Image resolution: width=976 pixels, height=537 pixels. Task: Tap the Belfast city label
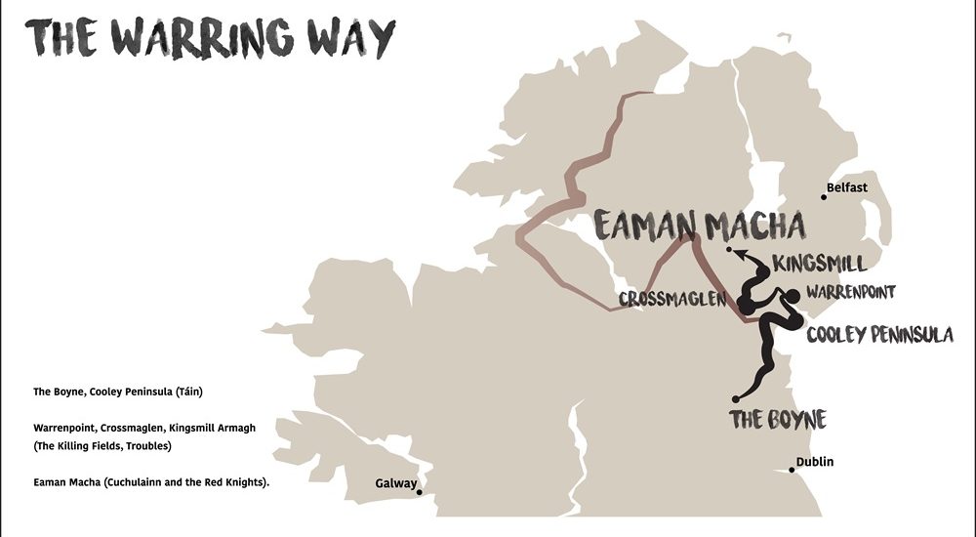click(x=846, y=187)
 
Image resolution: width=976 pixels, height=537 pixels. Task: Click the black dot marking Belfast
click(x=824, y=197)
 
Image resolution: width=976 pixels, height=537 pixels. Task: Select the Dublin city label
click(x=814, y=462)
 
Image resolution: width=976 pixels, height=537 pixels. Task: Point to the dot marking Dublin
click(x=792, y=470)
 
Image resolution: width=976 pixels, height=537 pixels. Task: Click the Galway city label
click(x=396, y=483)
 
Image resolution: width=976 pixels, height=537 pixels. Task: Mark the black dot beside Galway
click(x=420, y=492)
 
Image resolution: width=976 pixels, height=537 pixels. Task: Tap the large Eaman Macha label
click(x=700, y=226)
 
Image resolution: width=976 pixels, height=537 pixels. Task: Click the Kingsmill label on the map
click(x=818, y=264)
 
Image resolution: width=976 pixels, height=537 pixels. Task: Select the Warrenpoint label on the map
click(x=850, y=292)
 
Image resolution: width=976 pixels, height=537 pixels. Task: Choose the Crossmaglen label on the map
click(x=672, y=299)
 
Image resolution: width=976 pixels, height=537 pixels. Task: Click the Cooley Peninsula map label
click(x=879, y=335)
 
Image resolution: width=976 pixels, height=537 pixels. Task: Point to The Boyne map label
click(x=778, y=420)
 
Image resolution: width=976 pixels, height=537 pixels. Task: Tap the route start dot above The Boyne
click(x=735, y=398)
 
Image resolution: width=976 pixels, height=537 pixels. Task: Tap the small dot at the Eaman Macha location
click(x=729, y=251)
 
